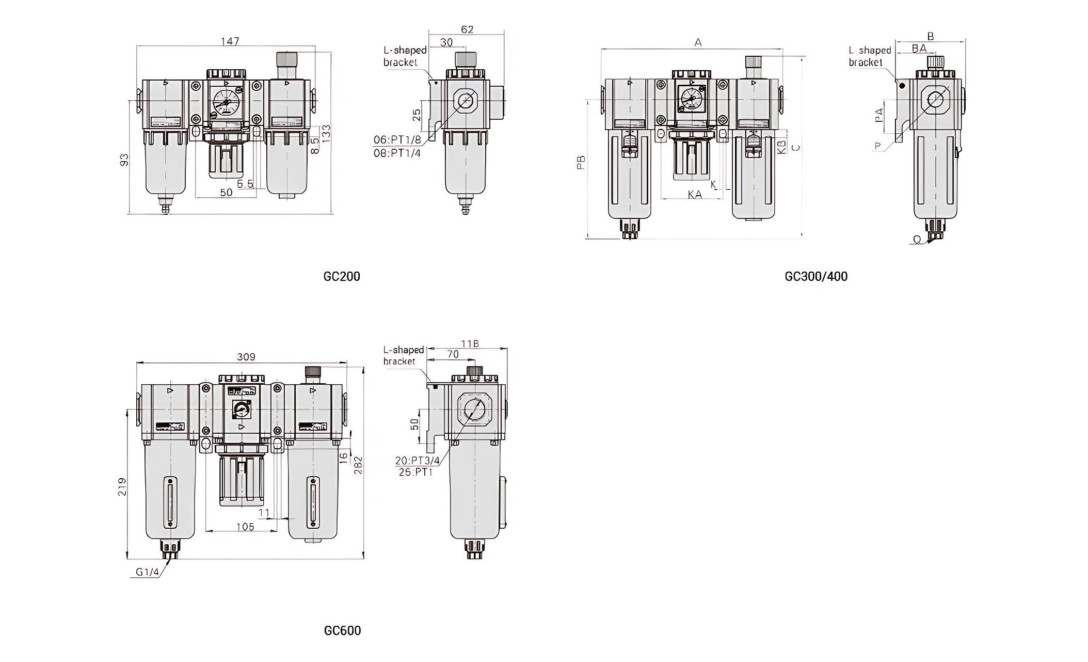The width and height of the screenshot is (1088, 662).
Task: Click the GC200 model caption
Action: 342,276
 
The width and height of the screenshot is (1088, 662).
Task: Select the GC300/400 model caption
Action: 816,276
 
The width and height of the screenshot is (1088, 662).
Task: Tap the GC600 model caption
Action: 342,631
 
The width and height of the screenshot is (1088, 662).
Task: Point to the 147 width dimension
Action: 230,41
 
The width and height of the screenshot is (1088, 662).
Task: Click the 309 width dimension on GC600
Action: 246,357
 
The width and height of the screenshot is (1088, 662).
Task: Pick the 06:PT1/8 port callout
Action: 397,140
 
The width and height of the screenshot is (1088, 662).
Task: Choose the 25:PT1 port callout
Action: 415,471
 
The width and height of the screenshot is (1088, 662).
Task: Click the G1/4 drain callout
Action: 147,572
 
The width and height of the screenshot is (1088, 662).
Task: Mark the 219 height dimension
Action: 122,486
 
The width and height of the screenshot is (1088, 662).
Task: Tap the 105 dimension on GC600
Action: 245,527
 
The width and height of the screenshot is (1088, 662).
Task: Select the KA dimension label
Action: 695,195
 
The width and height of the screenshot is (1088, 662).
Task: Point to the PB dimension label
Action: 582,163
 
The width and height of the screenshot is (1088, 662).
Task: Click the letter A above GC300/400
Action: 698,43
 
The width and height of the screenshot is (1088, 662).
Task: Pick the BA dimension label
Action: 919,48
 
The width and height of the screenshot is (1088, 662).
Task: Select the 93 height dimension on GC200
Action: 124,160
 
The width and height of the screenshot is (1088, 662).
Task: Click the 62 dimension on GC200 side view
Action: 467,29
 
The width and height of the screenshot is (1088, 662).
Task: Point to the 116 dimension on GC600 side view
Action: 470,343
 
